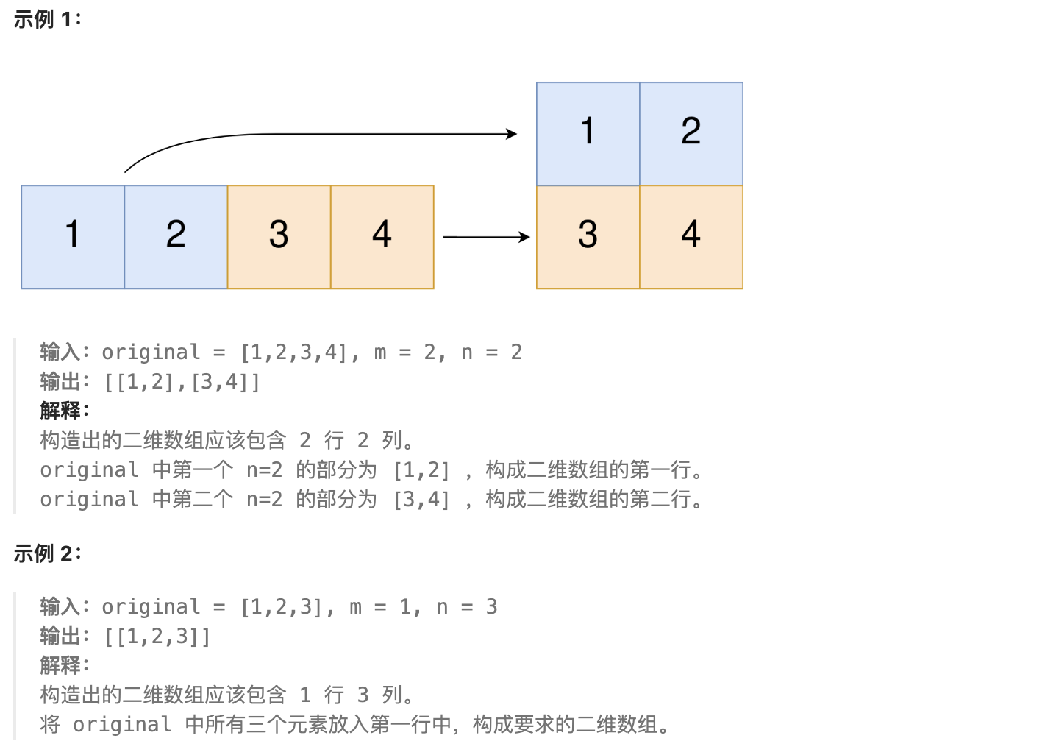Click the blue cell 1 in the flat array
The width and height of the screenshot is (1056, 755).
click(73, 237)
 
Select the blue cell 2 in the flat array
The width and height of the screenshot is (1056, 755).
click(176, 237)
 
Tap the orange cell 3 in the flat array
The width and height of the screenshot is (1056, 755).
click(279, 237)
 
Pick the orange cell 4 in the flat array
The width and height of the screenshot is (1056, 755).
click(382, 237)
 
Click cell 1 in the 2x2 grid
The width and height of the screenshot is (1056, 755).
click(588, 133)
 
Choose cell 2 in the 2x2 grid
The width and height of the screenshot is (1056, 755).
click(691, 133)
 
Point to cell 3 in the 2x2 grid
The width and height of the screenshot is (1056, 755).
click(588, 237)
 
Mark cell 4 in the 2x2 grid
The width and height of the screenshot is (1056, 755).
click(691, 237)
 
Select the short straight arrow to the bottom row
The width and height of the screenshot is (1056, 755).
click(486, 237)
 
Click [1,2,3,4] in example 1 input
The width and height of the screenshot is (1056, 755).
click(293, 352)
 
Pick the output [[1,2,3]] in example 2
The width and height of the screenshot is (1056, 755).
click(157, 637)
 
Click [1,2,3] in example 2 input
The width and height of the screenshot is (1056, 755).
click(281, 607)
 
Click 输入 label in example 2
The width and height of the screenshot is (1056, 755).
click(60, 607)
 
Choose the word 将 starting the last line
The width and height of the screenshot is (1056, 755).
click(50, 725)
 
